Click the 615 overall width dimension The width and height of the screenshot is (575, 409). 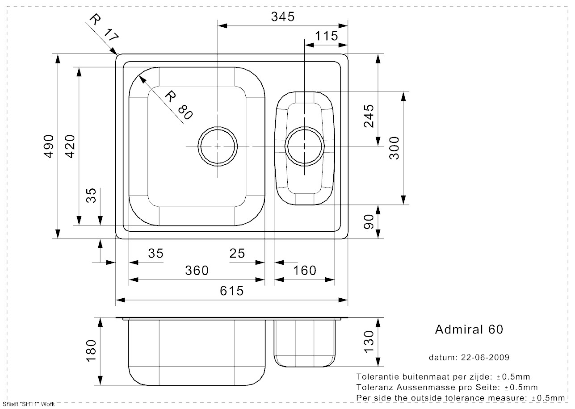pos(231,291)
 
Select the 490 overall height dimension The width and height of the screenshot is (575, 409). pos(49,146)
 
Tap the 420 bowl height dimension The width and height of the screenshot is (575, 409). pos(70,146)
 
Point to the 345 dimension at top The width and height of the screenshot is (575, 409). pos(283,17)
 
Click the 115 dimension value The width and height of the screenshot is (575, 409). pos(326,36)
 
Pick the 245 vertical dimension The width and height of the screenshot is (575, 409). pos(369,116)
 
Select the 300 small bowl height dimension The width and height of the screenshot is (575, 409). pos(395,148)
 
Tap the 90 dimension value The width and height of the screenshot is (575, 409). pos(369,222)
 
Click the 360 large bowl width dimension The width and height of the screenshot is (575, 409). pos(197,271)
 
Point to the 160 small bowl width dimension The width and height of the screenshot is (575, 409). pos(305,271)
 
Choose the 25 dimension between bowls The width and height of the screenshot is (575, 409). pos(237,254)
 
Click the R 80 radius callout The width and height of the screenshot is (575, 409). pos(178,105)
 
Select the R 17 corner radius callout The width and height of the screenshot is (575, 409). pos(104,28)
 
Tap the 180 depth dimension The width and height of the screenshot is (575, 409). pos(91,351)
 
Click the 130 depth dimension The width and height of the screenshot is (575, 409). pos(369,342)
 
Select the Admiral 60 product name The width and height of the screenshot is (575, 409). pos(469,330)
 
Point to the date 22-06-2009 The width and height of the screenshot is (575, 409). pos(485,357)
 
